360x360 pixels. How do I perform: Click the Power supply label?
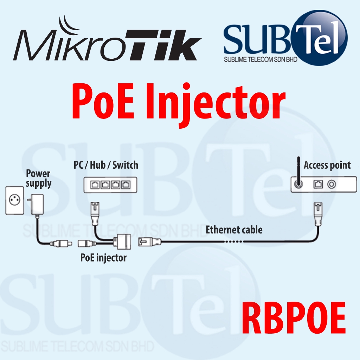click(x=38, y=178)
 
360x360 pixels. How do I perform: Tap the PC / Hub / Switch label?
click(x=106, y=165)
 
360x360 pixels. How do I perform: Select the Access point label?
click(x=327, y=165)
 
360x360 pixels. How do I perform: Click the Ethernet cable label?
click(x=234, y=230)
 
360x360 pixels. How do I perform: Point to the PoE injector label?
click(x=103, y=258)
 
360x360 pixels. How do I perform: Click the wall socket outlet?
click(x=15, y=200)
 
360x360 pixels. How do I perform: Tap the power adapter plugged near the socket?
click(x=37, y=204)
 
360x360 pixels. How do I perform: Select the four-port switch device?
click(x=110, y=185)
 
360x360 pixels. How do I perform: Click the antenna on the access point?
click(x=298, y=174)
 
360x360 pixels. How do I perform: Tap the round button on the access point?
click(x=331, y=184)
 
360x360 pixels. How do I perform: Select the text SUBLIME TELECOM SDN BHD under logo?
click(x=261, y=59)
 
